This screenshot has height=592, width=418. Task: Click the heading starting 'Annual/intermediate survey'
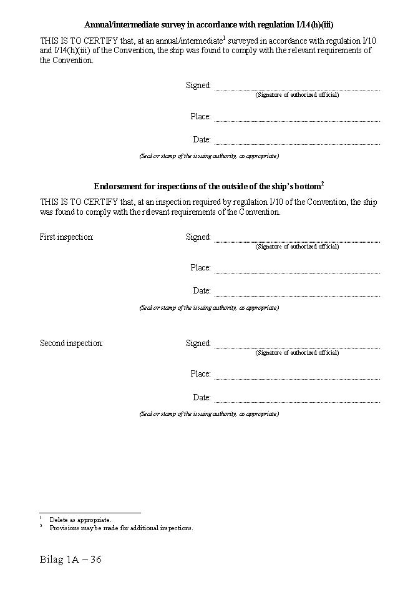[x=209, y=24]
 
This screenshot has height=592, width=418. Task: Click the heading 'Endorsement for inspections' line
[x=209, y=186]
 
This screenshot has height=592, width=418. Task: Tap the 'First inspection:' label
[x=67, y=237]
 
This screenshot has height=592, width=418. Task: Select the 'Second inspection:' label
[x=71, y=343]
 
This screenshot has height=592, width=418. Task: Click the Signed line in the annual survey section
[x=297, y=88]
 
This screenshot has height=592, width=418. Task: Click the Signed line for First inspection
[x=297, y=240]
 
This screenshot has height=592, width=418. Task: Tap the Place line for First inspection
[x=297, y=270]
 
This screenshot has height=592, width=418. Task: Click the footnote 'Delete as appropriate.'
[x=80, y=520]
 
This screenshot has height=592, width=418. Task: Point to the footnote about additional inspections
[x=121, y=528]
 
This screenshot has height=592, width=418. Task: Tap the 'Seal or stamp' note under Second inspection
[x=209, y=414]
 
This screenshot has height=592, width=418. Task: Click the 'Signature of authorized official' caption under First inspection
[x=297, y=247]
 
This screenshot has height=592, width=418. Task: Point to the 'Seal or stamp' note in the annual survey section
[x=209, y=156]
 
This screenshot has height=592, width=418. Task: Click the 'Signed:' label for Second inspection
[x=198, y=343]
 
